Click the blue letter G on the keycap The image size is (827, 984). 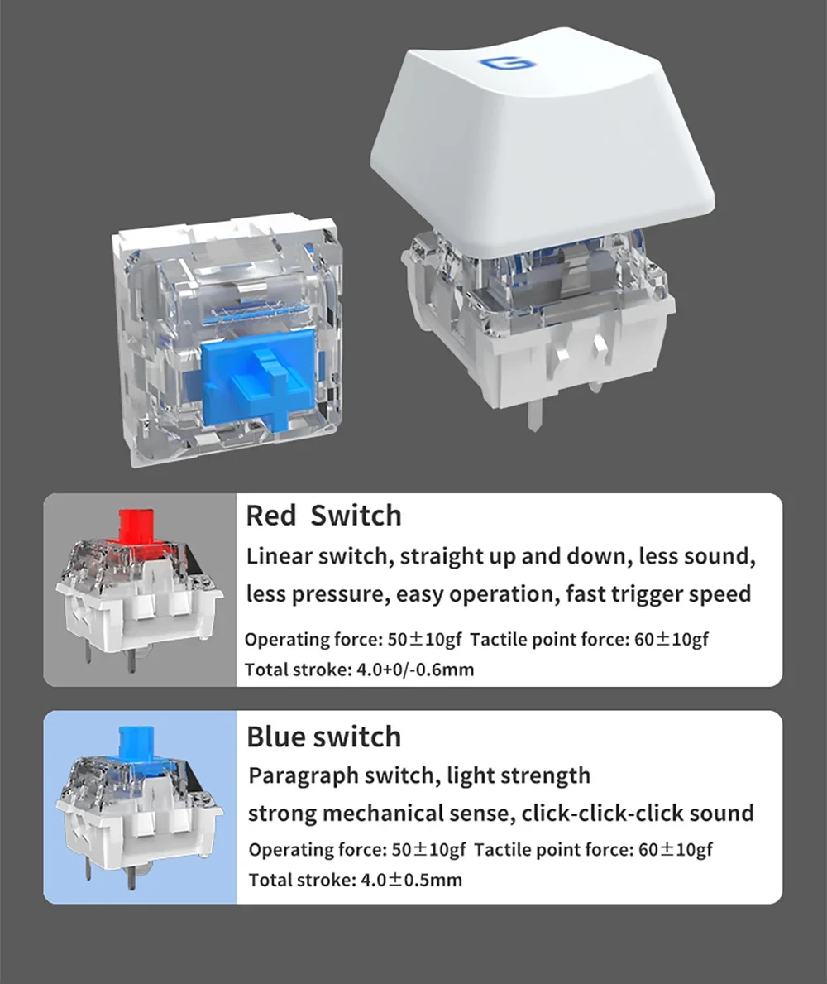[x=504, y=63]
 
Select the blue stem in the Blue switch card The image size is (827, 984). [x=136, y=743]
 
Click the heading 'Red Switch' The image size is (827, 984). [x=323, y=516]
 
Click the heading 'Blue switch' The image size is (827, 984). [x=323, y=736]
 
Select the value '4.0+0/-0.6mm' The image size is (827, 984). [x=415, y=670]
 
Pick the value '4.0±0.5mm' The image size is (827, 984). [x=411, y=880]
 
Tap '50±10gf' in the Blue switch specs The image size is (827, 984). [x=429, y=850]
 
